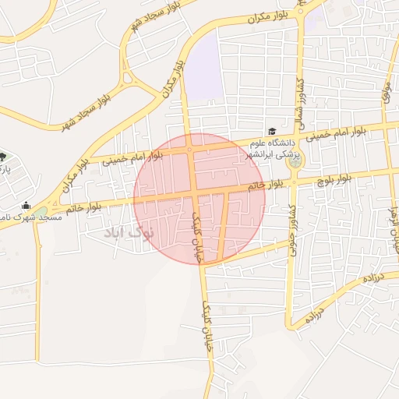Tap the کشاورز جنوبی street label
click(290, 221)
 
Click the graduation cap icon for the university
click(272, 132)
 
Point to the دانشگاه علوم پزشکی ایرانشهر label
click(272, 147)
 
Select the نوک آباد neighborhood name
click(129, 231)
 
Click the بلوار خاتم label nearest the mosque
click(85, 208)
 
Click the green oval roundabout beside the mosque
click(40, 211)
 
